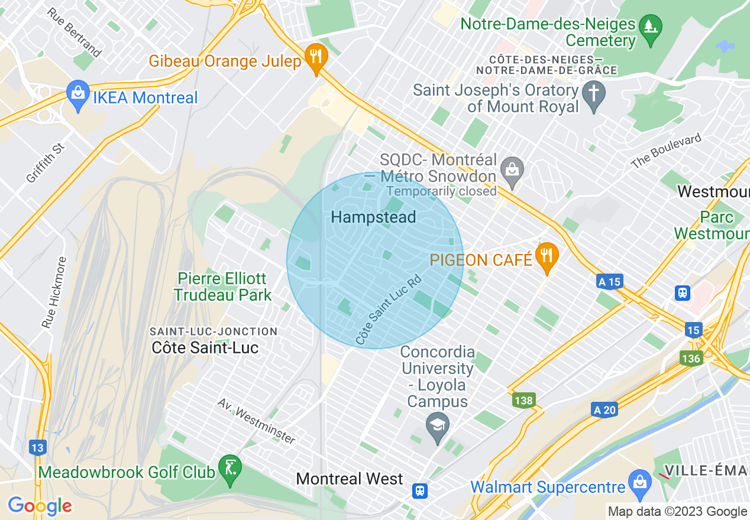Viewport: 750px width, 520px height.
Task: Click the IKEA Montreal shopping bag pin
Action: [x=77, y=95]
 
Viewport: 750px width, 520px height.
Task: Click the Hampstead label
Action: [x=373, y=217]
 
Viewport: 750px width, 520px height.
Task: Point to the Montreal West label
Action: [x=350, y=479]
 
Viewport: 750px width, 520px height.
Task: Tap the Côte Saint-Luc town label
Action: [x=205, y=347]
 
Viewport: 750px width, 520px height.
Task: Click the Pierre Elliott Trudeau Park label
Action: [x=222, y=287]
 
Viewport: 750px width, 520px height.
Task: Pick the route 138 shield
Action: [x=523, y=401]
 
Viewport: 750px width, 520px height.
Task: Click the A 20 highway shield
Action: [x=604, y=409]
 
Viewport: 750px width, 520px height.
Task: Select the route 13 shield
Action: [x=37, y=448]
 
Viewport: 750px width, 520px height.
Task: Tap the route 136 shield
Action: [x=691, y=359]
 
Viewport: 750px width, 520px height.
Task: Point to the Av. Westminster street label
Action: [x=256, y=420]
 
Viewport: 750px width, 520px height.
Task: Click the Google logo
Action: [x=40, y=506]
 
